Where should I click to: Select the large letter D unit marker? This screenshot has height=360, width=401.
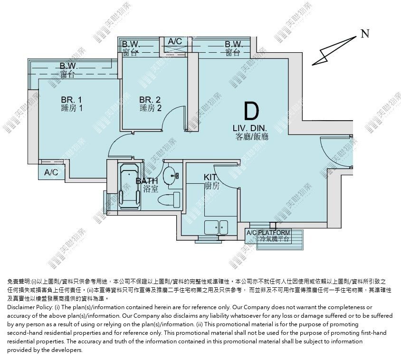click(x=252, y=111)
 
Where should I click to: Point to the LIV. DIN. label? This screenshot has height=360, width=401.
click(x=250, y=128)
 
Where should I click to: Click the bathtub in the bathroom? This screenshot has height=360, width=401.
click(x=130, y=186)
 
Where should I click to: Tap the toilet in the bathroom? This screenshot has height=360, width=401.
click(x=169, y=199)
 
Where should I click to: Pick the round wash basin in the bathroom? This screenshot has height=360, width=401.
click(x=169, y=175)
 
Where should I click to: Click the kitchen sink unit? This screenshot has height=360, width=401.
click(x=216, y=227)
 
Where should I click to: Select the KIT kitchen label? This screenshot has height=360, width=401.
click(x=210, y=177)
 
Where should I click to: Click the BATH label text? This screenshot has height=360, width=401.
click(x=146, y=181)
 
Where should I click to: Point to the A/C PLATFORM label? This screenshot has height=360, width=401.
click(x=268, y=233)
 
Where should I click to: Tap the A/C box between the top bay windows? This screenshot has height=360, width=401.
click(x=175, y=41)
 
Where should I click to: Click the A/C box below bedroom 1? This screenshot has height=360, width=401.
click(x=51, y=172)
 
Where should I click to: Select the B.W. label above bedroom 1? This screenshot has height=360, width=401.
click(x=68, y=66)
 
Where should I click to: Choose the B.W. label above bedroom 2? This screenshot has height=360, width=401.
click(x=131, y=44)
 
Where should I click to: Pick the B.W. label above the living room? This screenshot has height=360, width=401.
click(x=233, y=44)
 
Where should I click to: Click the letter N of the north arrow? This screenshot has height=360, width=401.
click(x=365, y=34)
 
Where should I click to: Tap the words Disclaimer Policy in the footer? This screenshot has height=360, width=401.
click(x=30, y=307)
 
